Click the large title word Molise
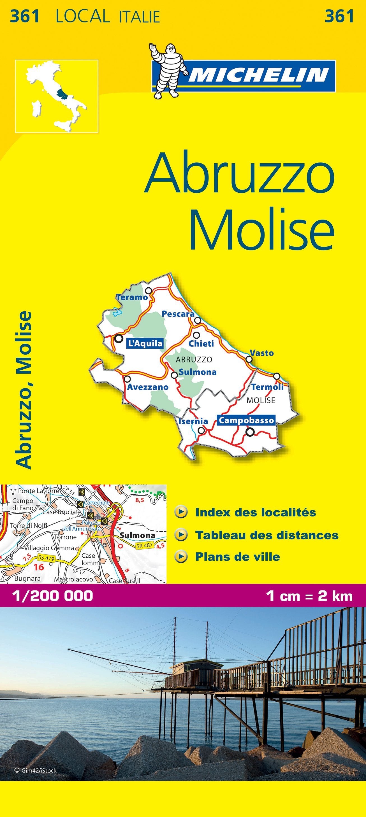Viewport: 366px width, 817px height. point(261,229)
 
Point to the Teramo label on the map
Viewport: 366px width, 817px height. point(132,297)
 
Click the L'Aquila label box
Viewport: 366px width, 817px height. point(145,343)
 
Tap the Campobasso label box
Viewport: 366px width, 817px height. point(246,420)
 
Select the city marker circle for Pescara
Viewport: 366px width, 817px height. point(198,320)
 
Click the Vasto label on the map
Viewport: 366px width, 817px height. point(261,353)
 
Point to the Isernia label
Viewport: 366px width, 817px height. point(193,421)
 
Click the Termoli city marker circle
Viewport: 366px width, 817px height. point(277,376)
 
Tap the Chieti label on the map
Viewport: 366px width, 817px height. point(201,343)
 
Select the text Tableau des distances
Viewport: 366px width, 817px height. point(267,535)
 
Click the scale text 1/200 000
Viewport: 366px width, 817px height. point(52,596)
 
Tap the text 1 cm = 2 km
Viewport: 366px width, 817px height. point(309,596)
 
